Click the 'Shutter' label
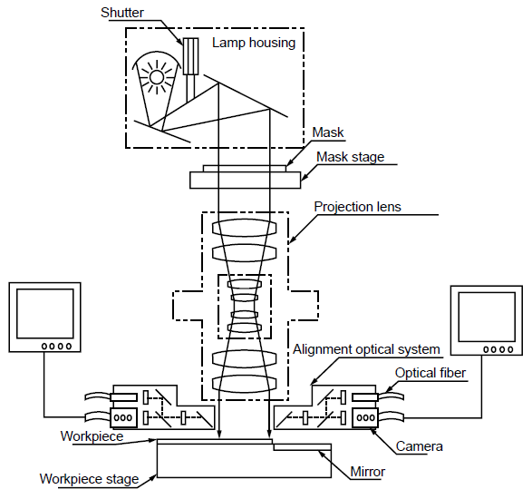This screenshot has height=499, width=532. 122,13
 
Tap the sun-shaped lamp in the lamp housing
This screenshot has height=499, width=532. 157,77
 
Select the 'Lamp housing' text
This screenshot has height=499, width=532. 254,44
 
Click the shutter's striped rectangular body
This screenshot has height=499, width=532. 190,56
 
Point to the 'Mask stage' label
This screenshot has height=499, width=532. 350,157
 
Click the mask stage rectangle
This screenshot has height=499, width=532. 245,180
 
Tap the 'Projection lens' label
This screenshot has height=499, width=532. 357,207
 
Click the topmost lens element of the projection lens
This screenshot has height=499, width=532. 245,227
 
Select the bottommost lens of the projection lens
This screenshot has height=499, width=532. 245,384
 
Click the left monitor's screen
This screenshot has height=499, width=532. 45,314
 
